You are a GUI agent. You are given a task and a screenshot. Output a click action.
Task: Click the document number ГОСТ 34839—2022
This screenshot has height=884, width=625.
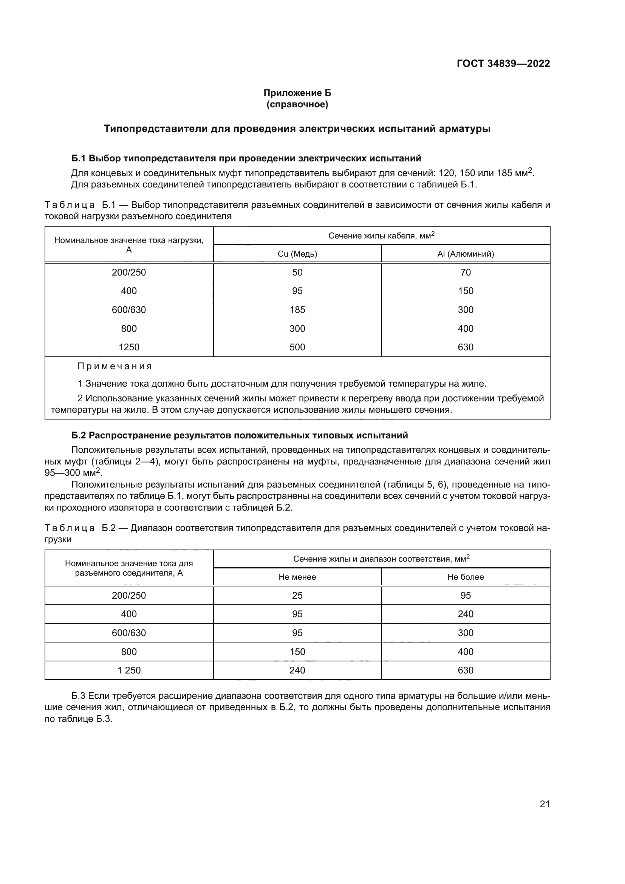coord(503,63)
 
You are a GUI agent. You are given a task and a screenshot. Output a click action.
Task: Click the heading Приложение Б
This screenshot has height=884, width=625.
coord(297,93)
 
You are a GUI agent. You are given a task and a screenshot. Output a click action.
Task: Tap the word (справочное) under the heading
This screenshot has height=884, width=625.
coord(297,104)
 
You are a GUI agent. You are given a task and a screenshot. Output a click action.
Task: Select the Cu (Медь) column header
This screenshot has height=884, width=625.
coord(297,254)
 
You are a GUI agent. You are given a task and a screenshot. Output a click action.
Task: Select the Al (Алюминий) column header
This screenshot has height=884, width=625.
coord(465,254)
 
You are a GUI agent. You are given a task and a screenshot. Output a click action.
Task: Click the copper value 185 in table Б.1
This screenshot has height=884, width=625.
coord(297,310)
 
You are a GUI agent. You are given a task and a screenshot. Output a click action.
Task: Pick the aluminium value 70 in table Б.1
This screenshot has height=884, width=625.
coord(465,272)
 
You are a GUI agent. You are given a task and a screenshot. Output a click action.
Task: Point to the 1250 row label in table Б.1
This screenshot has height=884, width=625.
coord(129,347)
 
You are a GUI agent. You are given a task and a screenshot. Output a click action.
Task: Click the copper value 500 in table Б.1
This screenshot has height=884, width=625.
coord(297,347)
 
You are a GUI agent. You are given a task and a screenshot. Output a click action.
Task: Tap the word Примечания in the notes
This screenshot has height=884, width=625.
coord(115,366)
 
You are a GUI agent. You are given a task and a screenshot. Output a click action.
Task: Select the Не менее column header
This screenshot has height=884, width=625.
coord(297,577)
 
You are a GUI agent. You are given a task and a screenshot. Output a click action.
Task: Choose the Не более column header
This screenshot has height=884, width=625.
coord(465,577)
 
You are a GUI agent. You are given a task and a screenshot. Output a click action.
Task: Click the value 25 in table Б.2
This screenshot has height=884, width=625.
coord(297,595)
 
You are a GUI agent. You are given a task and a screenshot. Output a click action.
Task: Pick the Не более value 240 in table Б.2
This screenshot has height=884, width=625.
coord(465,614)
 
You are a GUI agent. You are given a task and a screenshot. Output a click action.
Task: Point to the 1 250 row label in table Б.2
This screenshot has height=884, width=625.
coord(129,670)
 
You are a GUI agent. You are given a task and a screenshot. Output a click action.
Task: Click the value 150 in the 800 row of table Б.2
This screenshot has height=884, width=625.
coord(297,652)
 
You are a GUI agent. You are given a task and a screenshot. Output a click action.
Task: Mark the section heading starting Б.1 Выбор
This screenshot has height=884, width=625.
coord(246,158)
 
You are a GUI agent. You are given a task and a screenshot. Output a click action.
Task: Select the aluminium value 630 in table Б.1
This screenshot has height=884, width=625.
coord(465,347)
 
